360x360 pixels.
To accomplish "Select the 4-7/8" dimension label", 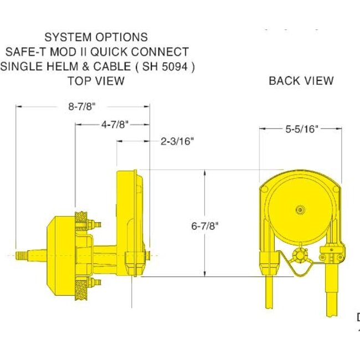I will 115,125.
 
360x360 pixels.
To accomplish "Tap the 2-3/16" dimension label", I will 177,141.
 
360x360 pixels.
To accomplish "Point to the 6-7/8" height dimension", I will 205,225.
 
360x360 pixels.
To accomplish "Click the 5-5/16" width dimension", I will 300,128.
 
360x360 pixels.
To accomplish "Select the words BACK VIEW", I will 301,81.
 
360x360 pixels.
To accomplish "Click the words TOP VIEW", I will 96,81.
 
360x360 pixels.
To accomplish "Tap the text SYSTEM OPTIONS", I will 96,38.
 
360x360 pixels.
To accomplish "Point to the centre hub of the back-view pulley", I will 300,210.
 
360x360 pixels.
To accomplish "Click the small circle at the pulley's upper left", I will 265,190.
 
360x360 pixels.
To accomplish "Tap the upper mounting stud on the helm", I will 98,225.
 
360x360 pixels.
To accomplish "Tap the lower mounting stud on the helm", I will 98,284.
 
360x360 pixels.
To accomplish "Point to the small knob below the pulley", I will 301,256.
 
